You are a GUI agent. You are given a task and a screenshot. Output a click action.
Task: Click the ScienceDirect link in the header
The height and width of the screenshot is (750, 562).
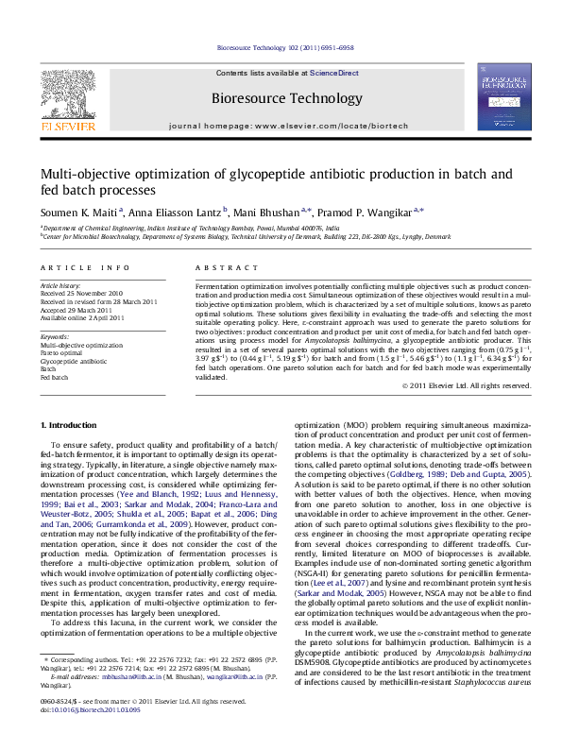click(333, 73)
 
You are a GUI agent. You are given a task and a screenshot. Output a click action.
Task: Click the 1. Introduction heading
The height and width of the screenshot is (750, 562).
click(72, 425)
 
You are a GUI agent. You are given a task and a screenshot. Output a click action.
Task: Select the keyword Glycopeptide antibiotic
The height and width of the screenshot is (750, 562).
click(75, 361)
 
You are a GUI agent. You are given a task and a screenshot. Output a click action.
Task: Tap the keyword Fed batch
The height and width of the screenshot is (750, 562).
click(56, 376)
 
